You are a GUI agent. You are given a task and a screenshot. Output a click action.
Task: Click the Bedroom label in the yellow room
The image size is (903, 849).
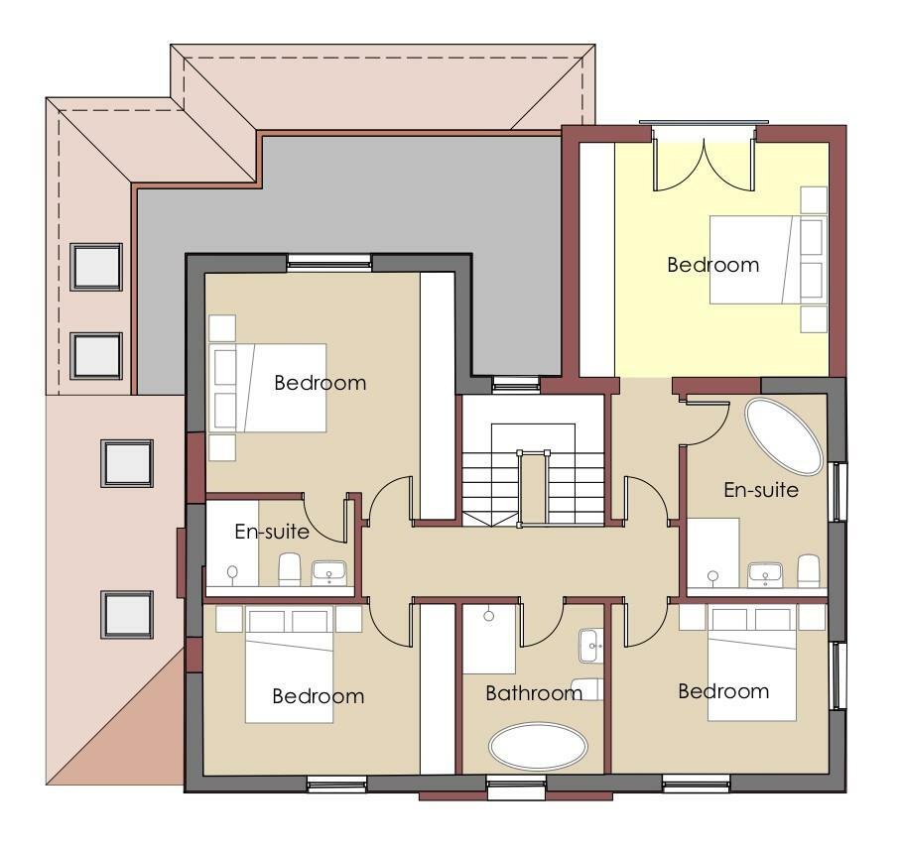(712, 265)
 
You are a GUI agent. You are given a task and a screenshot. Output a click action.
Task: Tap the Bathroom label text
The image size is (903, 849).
(533, 693)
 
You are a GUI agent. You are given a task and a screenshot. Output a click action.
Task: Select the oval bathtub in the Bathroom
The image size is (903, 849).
(538, 746)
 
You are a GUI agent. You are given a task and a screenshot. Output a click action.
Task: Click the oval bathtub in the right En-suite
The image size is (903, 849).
(784, 436)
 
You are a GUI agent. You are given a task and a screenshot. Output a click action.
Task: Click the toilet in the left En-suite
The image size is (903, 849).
(290, 569)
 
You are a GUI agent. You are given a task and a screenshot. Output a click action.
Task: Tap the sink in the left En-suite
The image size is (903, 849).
(328, 572)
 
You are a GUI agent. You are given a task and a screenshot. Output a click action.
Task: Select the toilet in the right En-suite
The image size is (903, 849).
(809, 569)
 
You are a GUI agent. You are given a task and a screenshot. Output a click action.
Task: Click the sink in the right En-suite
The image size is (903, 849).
(765, 573)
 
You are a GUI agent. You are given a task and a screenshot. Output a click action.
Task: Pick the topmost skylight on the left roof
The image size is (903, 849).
(96, 266)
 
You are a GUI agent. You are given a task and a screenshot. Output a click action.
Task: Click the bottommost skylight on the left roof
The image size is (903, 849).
(127, 614)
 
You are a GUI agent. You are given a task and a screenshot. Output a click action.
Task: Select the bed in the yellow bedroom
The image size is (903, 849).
(754, 260)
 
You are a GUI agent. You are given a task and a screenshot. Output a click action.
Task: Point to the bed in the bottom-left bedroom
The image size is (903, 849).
(291, 672)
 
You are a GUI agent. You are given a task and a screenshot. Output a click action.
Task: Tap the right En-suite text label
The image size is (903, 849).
(761, 489)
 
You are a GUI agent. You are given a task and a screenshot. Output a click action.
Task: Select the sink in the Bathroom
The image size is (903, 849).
(592, 646)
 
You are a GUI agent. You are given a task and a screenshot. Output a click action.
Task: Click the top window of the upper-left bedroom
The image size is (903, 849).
(329, 262)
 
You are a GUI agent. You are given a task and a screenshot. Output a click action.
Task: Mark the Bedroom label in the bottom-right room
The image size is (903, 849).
(723, 691)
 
